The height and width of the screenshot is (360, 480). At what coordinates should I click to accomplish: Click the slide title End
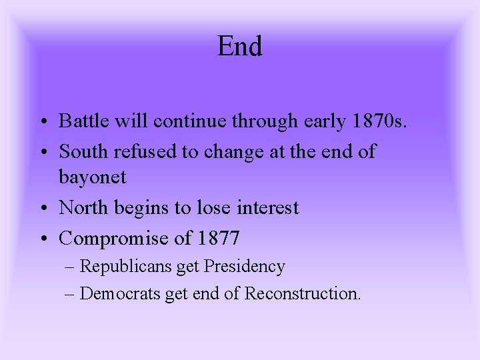click(x=240, y=46)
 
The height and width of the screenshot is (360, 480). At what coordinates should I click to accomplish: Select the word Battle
click(x=81, y=121)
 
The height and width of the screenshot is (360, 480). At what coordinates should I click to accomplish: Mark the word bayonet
click(x=93, y=178)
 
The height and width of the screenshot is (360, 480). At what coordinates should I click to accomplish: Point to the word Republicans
click(x=126, y=267)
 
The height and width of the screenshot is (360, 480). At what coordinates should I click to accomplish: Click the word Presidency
click(x=244, y=267)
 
